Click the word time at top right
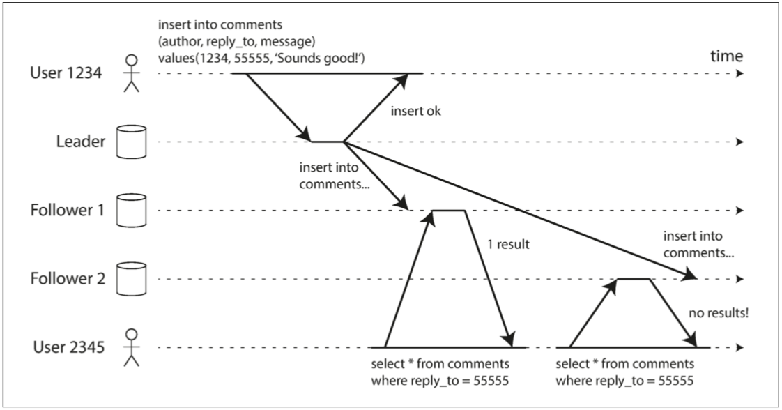click(x=726, y=56)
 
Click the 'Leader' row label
click(x=80, y=142)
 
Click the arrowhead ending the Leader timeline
click(x=739, y=142)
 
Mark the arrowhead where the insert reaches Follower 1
click(x=402, y=204)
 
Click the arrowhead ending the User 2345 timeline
click(x=739, y=347)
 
